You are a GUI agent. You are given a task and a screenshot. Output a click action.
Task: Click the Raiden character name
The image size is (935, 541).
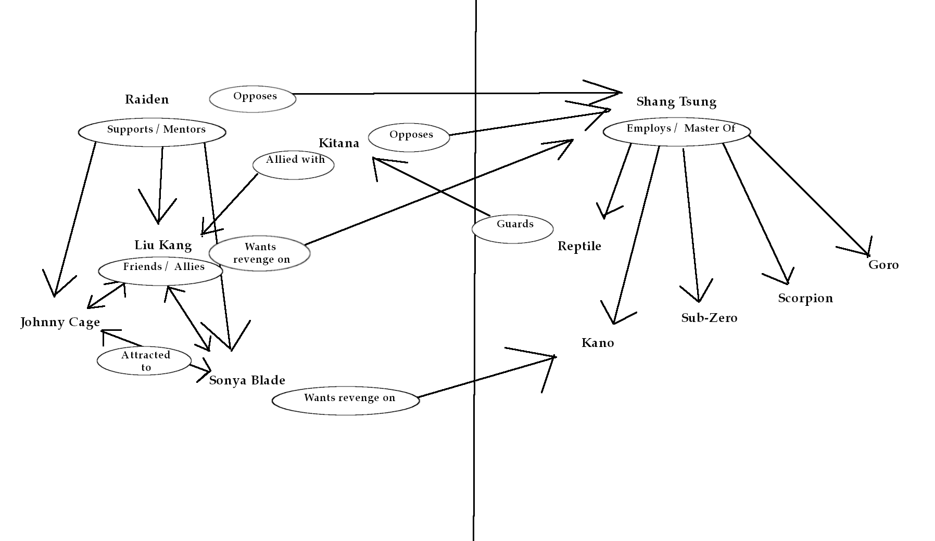tap(147, 99)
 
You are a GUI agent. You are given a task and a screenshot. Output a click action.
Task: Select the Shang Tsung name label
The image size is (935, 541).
tap(676, 101)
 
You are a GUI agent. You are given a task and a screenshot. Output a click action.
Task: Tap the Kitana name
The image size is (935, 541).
tap(339, 143)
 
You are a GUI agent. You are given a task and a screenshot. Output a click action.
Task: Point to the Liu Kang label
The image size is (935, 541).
tap(163, 245)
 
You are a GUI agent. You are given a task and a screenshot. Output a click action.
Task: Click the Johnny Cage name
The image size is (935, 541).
tap(60, 322)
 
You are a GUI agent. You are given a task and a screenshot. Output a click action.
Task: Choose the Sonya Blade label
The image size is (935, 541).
tap(247, 380)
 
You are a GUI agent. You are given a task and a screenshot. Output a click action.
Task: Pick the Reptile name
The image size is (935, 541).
tap(579, 246)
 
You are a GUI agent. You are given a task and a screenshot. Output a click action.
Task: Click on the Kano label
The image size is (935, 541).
tap(598, 343)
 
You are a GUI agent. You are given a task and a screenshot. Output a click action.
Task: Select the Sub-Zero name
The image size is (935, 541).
tap(709, 318)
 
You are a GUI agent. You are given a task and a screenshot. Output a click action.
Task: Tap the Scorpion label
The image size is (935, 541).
tap(805, 298)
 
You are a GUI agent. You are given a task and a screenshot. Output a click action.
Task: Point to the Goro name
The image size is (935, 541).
tap(883, 265)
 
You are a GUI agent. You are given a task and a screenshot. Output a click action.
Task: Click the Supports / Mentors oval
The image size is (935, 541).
tap(152, 132)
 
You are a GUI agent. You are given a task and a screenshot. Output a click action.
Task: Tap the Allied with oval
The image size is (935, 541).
tap(294, 164)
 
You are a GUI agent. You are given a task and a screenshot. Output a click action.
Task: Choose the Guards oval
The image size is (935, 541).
tap(513, 228)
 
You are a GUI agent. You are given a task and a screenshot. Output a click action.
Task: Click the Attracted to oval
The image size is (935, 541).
tap(144, 361)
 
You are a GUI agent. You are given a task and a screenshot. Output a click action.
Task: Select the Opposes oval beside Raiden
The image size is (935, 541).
tap(253, 99)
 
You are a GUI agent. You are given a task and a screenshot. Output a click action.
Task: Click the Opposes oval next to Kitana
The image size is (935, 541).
tap(409, 137)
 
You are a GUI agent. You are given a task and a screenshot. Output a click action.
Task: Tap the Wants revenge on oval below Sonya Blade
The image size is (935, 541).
tap(346, 400)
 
